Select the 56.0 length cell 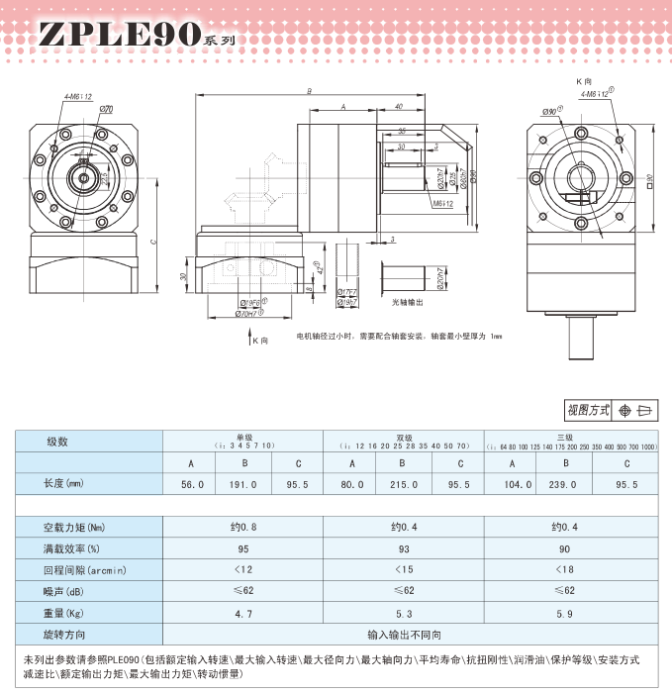point(192,485)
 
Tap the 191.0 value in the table point(242,485)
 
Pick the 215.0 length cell point(403,485)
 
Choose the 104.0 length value point(512,485)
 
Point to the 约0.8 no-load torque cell point(242,527)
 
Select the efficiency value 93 point(403,548)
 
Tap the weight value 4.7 point(242,614)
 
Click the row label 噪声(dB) point(67,591)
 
